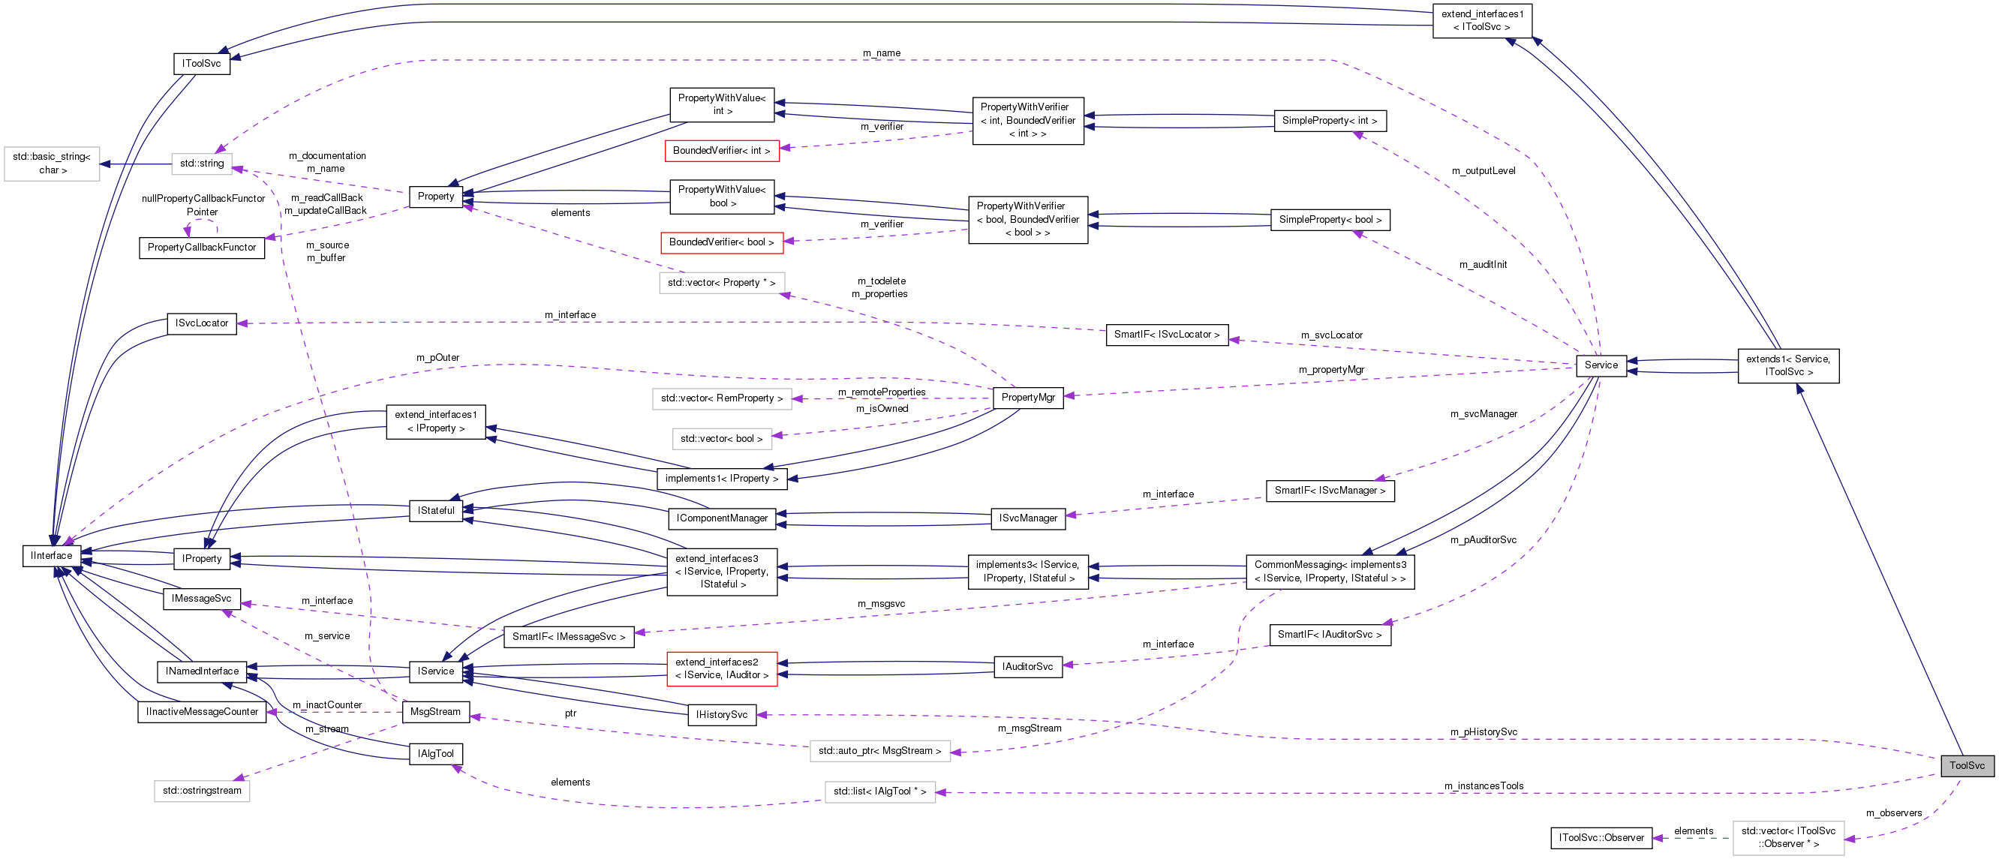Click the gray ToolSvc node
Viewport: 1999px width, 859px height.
1967,765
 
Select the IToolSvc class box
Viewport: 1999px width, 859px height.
201,64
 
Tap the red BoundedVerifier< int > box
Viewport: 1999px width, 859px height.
721,151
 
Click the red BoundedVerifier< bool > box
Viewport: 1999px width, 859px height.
721,242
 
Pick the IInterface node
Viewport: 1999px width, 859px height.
51,556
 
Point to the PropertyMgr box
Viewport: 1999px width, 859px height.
1027,398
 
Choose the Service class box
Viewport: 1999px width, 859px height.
1601,365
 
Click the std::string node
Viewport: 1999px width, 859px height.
202,163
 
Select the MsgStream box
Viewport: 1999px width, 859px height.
435,711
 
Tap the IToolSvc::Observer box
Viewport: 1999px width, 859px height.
1601,838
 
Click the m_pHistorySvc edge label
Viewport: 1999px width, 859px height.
1483,731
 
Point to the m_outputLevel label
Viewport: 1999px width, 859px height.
1483,171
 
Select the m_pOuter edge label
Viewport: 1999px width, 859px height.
437,358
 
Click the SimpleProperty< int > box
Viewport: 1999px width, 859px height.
1330,121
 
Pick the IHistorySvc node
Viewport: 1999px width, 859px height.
721,715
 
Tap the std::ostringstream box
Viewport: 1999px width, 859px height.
202,791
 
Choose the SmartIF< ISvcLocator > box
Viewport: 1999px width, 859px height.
1166,335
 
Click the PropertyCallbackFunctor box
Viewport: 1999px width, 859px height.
202,248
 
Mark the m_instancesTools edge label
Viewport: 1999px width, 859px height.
1483,786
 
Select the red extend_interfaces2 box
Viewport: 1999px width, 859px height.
721,669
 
